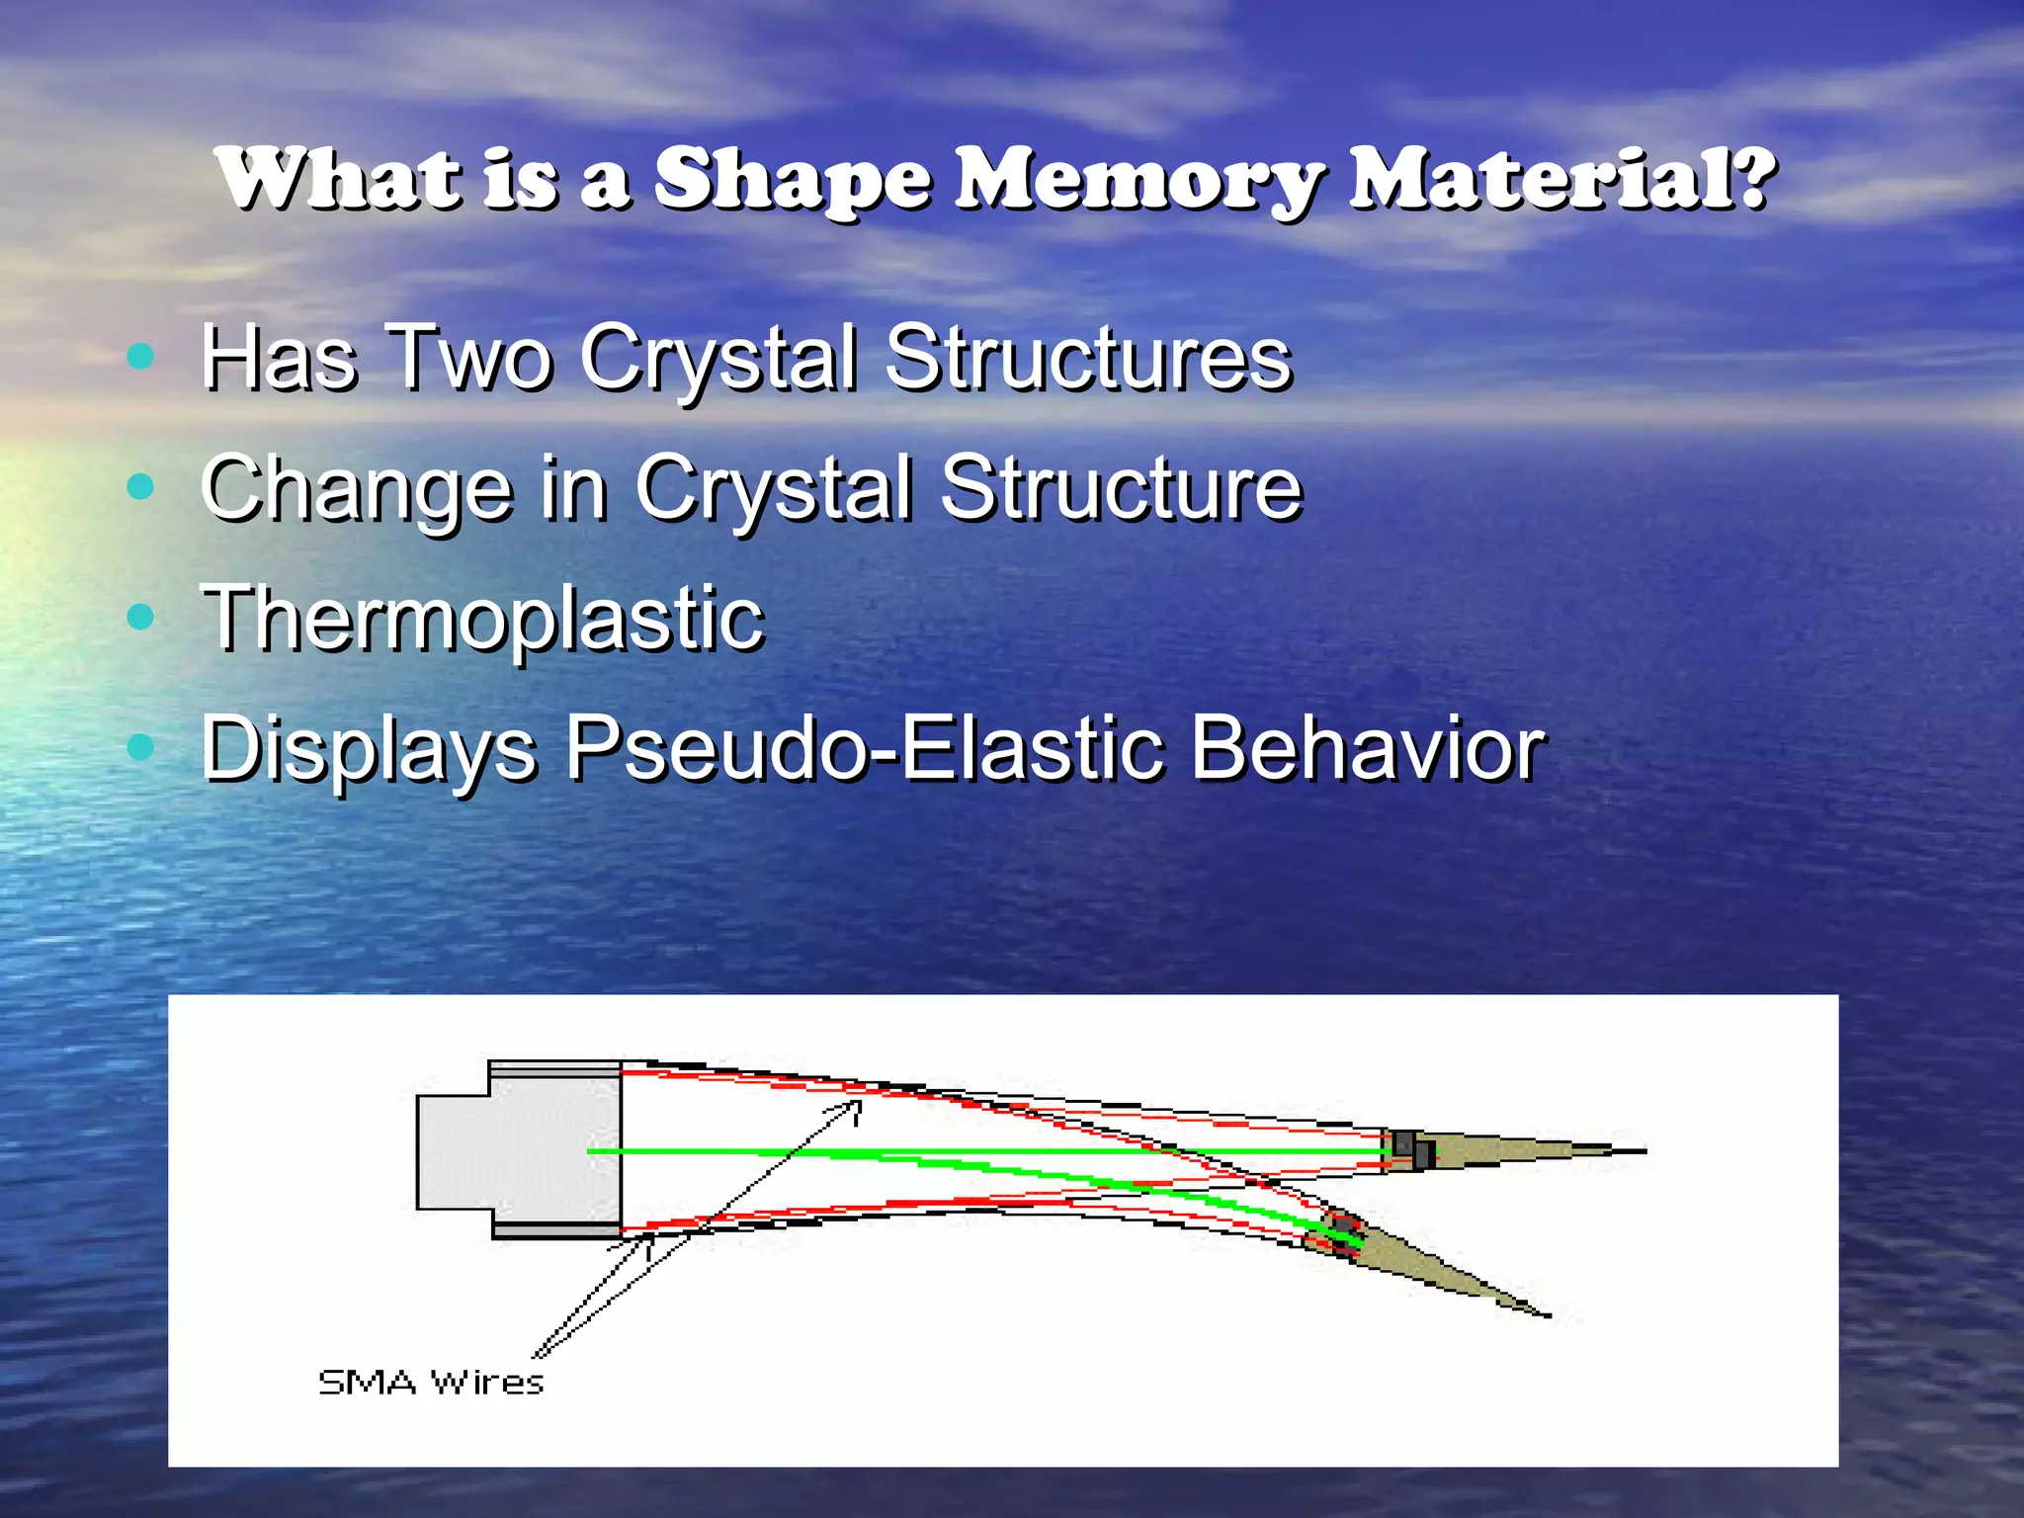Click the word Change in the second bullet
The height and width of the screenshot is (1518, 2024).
(x=356, y=488)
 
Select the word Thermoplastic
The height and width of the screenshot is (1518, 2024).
(x=482, y=619)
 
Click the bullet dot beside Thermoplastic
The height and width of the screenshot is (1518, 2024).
(x=141, y=617)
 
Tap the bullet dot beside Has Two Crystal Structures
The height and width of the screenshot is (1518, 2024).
(x=141, y=356)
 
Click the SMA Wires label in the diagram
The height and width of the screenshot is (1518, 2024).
(x=431, y=1382)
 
